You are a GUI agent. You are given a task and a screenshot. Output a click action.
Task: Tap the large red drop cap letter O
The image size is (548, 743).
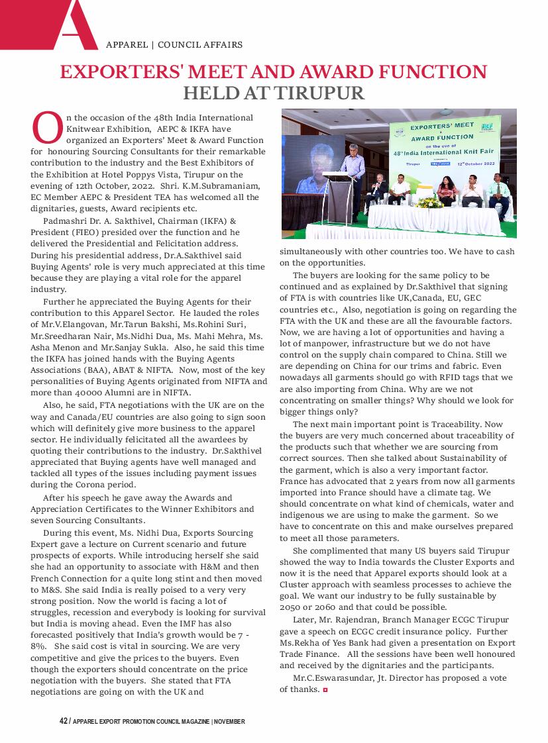[47, 128]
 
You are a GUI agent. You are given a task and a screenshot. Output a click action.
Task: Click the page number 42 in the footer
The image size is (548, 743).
[63, 721]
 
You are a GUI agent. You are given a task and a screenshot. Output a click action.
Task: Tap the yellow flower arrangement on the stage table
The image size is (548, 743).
[430, 201]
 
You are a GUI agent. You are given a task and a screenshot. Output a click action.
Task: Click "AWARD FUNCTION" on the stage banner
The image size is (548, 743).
[442, 137]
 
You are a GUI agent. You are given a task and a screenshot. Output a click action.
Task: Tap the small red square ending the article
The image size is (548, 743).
[325, 690]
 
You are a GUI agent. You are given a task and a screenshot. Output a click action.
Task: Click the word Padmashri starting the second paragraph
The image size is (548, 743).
[63, 220]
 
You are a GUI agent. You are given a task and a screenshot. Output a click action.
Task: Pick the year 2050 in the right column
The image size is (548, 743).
[290, 607]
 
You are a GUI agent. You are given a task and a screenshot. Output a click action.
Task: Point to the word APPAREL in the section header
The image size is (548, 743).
[127, 45]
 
